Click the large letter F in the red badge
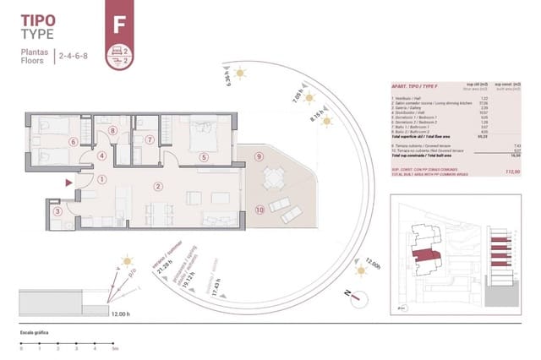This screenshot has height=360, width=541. click(118, 23)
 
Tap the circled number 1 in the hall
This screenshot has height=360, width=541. click(101, 179)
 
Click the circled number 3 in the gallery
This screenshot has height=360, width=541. click(57, 212)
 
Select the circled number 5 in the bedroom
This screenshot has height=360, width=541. click(203, 156)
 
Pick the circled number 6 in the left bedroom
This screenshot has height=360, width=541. click(74, 142)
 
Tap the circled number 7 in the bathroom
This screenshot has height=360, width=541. click(150, 140)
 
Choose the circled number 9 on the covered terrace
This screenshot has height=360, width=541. click(260, 156)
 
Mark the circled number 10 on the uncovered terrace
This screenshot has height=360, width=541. click(260, 209)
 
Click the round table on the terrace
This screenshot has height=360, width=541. click(273, 178)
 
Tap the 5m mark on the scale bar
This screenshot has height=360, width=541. click(115, 347)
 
